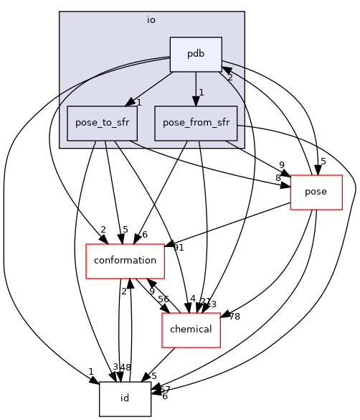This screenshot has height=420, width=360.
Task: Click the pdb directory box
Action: [x=196, y=55]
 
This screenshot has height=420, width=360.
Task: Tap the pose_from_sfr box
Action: [x=196, y=123]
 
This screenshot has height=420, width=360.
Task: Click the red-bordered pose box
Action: [x=316, y=192]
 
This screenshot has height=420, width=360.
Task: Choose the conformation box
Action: [x=125, y=261]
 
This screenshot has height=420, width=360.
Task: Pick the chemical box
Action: [x=190, y=329]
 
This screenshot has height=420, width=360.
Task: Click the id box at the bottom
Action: [x=125, y=398]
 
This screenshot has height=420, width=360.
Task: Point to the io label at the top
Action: [x=151, y=20]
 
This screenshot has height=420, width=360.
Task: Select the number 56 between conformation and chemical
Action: [x=163, y=299]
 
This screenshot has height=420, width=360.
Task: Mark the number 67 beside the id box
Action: [x=164, y=388]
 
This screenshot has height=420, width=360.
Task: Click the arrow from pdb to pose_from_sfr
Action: [x=196, y=89]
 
